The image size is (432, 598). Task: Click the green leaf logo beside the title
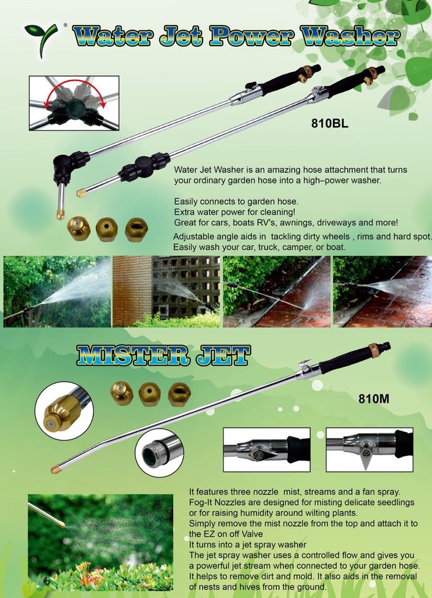tap(41, 38)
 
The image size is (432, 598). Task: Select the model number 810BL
tap(330, 124)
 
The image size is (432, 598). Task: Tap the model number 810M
tap(374, 399)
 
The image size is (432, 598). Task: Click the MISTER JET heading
tap(163, 355)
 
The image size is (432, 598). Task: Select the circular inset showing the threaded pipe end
tap(159, 453)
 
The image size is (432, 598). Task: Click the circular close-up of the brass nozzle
tap(64, 411)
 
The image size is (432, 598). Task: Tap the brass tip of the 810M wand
tap(56, 469)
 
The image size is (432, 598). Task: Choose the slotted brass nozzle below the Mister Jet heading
tap(179, 394)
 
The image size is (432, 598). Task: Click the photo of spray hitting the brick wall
tap(166, 292)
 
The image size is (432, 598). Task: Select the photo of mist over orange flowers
tap(100, 543)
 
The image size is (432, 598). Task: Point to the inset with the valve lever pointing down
tap(370, 450)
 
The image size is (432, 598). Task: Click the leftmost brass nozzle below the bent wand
tap(79, 228)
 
